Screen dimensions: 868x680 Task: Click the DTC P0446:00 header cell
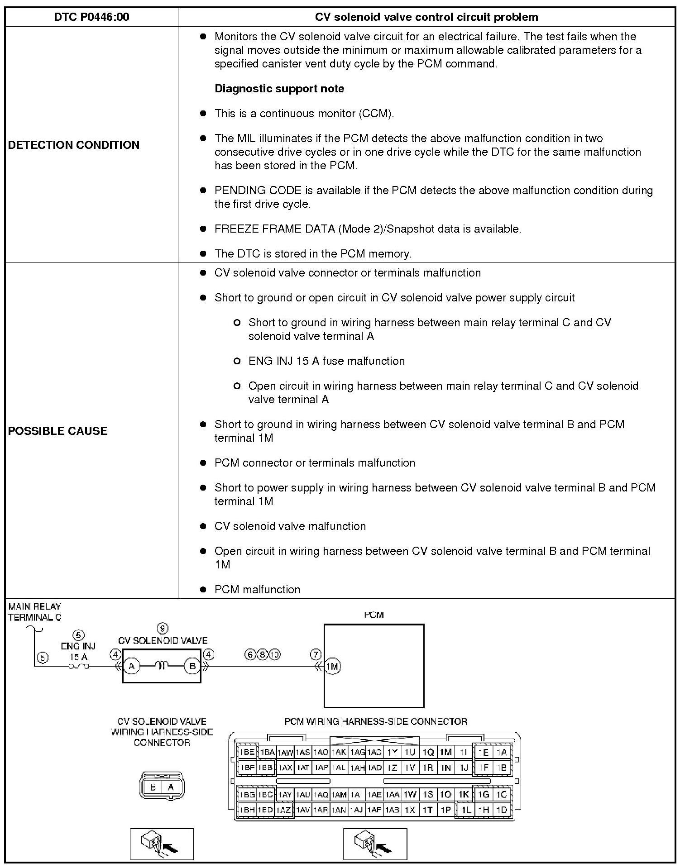click(x=91, y=17)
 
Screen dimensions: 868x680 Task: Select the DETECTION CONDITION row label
click(x=74, y=145)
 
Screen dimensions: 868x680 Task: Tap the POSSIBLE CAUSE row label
click(x=58, y=431)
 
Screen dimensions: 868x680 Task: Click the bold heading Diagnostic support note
click(x=279, y=89)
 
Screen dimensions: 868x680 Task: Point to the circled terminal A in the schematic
click(x=132, y=666)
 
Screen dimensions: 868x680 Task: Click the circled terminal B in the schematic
click(x=192, y=666)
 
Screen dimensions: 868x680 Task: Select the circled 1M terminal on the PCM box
click(x=333, y=666)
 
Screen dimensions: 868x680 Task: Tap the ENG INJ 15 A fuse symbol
click(x=78, y=666)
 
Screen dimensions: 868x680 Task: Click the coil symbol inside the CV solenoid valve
click(x=162, y=665)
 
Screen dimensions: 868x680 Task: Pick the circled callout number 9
click(x=162, y=628)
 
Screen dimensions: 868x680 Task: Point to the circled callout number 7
click(x=316, y=654)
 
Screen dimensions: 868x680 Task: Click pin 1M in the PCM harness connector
click(x=446, y=752)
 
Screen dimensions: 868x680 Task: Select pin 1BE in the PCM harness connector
click(x=247, y=752)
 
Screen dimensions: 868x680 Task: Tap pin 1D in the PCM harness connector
click(x=501, y=810)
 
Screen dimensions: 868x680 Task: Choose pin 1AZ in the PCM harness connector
click(x=283, y=810)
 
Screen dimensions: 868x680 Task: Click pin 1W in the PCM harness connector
click(x=410, y=795)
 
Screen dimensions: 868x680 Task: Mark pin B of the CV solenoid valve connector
click(x=153, y=787)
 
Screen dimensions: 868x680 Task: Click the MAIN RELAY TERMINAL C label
click(x=34, y=612)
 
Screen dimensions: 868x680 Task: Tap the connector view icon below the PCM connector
click(x=375, y=844)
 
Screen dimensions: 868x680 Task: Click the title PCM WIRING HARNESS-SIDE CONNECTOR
click(x=376, y=722)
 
